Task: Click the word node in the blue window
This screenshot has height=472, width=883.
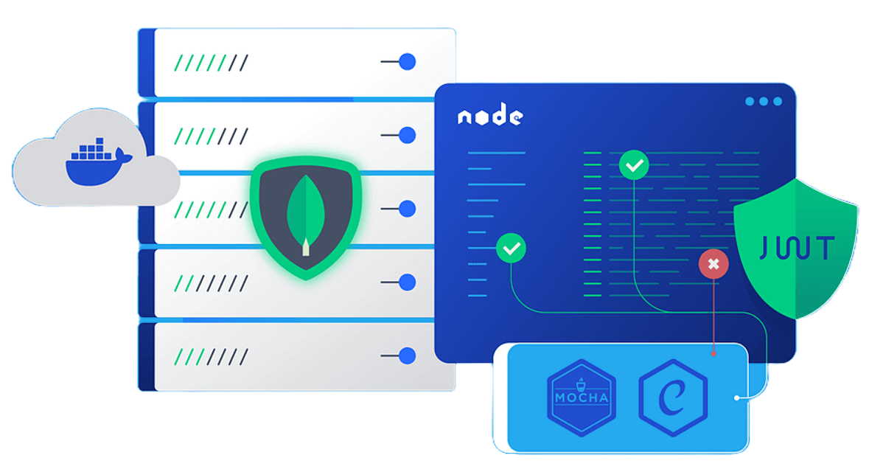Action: pyautogui.click(x=490, y=116)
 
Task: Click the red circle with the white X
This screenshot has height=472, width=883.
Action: pyautogui.click(x=713, y=263)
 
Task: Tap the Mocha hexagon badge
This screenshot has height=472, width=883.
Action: pyautogui.click(x=581, y=397)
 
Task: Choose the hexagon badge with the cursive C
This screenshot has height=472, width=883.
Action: pyautogui.click(x=673, y=397)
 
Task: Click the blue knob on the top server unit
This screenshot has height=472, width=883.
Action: pyautogui.click(x=407, y=61)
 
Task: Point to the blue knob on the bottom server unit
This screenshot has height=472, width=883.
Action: pyautogui.click(x=407, y=355)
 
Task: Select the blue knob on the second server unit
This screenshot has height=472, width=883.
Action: pyautogui.click(x=407, y=135)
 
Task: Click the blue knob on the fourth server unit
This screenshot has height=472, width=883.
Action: pyautogui.click(x=407, y=282)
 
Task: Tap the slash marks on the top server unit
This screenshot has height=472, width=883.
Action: pyautogui.click(x=212, y=63)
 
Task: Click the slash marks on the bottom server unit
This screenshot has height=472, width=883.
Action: pyautogui.click(x=212, y=356)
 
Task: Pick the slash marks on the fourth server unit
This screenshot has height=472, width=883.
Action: pyautogui.click(x=212, y=283)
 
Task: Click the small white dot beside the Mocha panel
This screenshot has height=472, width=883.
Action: pyautogui.click(x=736, y=398)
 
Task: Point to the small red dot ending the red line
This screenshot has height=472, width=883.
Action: pyautogui.click(x=713, y=354)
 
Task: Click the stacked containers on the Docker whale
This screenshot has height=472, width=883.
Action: pyautogui.click(x=92, y=149)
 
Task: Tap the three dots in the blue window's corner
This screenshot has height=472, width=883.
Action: pyautogui.click(x=764, y=101)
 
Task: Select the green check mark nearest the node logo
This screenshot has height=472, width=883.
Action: pyautogui.click(x=512, y=248)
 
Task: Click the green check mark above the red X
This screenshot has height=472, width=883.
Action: pyautogui.click(x=634, y=165)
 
